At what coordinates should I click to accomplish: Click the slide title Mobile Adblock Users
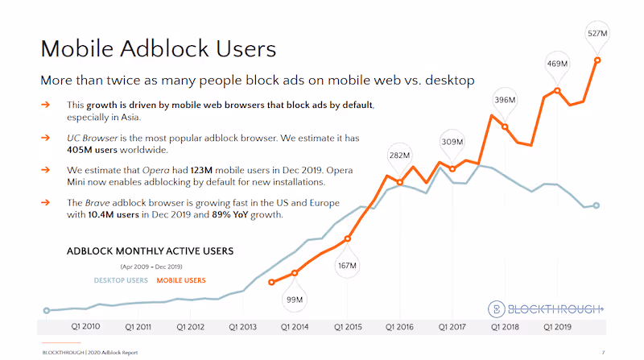pos(159,48)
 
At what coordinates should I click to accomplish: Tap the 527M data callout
pos(597,34)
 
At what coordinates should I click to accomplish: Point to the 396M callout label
pos(505,100)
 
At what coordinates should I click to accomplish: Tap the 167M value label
pos(348,265)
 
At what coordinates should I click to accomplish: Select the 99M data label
pos(295,300)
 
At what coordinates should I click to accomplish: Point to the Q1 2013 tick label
pos(243,328)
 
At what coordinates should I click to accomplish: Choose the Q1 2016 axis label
pos(400,328)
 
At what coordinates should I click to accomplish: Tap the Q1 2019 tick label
pos(558,328)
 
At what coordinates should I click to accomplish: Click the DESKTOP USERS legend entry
pos(121,280)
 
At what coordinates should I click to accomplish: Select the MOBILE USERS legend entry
pos(181,280)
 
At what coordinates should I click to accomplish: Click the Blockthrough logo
pos(547,308)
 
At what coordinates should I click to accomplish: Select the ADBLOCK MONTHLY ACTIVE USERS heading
pos(150,251)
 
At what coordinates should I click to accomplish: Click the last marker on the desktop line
pos(597,205)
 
